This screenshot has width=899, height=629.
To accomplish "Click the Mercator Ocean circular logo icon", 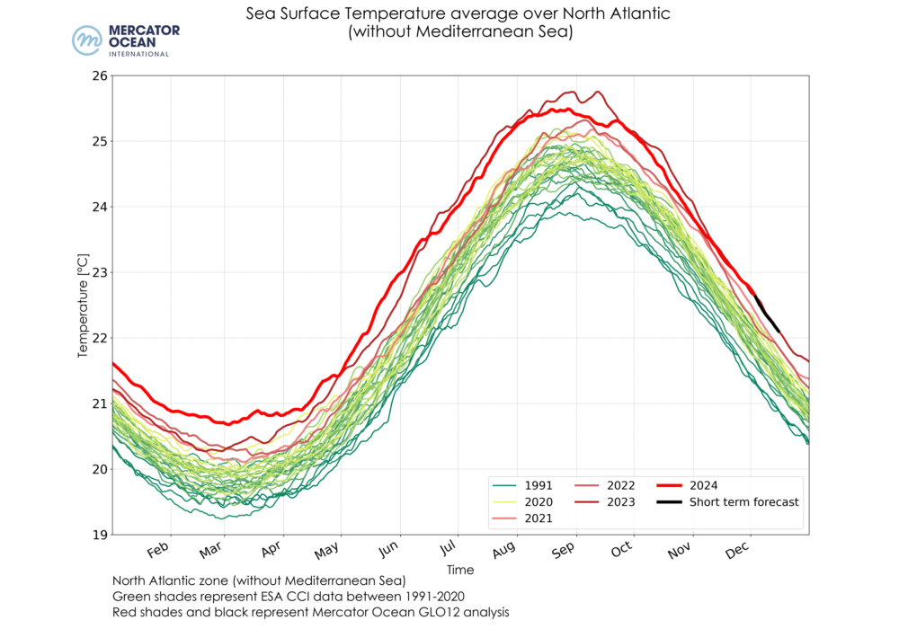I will [88, 41].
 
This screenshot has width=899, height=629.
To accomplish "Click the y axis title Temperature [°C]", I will [84, 306].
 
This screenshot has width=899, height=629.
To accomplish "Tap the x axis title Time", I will [459, 570].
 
